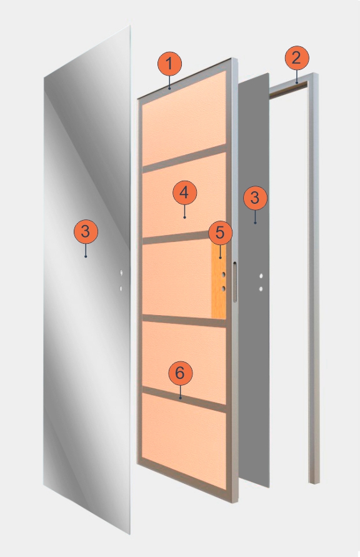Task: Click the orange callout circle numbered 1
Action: [x=169, y=64]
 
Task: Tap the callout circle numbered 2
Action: [x=297, y=58]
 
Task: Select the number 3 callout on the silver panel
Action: [x=86, y=231]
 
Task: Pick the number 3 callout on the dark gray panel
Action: [x=255, y=198]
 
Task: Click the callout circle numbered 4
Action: [x=184, y=193]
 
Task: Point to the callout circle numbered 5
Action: [x=221, y=233]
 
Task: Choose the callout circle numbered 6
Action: [x=181, y=373]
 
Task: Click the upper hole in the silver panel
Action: [x=121, y=273]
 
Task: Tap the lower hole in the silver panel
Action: [x=121, y=288]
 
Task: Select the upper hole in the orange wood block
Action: [x=224, y=274]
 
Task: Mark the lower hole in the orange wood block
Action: [x=224, y=289]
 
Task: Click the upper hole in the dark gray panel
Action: [x=261, y=276]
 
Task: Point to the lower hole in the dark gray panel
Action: [x=261, y=289]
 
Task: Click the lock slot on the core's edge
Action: [x=234, y=282]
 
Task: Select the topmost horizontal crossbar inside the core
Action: [x=184, y=158]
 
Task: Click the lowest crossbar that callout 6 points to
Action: [x=184, y=399]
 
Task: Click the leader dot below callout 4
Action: [x=184, y=217]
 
